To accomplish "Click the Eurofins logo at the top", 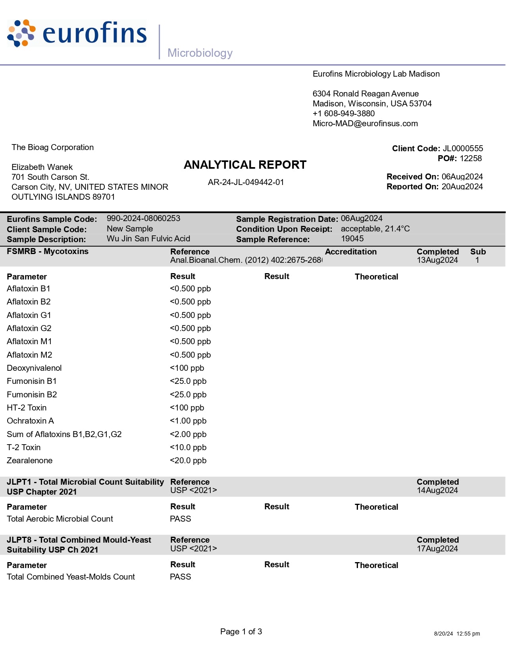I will (77, 33).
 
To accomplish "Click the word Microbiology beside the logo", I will (200, 53).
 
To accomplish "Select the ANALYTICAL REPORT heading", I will (245, 165).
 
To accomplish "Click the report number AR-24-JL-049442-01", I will (246, 182).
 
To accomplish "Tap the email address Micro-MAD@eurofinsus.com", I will (365, 123).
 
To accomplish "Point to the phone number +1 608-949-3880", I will (344, 114).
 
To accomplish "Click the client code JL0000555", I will (463, 148).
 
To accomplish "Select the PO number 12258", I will (471, 158).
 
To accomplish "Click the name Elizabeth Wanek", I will (42, 167).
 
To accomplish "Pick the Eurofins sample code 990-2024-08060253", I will (143, 218).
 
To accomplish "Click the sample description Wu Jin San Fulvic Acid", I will (148, 239).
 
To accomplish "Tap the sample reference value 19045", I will (352, 239).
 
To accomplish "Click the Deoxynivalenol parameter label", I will (34, 368).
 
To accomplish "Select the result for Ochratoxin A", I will (188, 421).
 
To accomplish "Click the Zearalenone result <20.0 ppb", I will (188, 460).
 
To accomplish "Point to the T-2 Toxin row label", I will (24, 447).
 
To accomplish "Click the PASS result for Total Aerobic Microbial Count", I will (181, 519).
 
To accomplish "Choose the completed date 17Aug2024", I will (437, 549).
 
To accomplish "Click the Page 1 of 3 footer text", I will (241, 632).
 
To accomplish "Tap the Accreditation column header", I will (351, 252).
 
